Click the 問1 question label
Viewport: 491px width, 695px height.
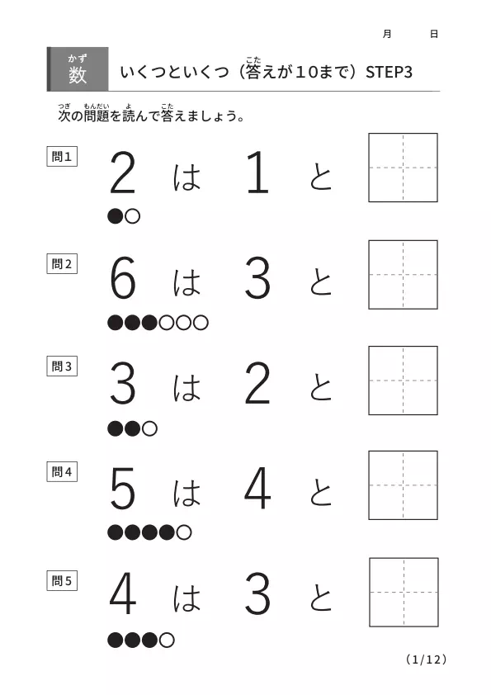tap(62, 157)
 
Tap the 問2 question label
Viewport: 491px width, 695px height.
tap(62, 264)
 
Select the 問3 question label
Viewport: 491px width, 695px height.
tap(62, 366)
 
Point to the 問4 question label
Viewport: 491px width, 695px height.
tap(62, 471)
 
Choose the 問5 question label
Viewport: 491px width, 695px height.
tap(62, 580)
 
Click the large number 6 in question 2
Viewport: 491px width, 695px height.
tap(122, 279)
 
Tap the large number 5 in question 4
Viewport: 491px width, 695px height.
tap(122, 489)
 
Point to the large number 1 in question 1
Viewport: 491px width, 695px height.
tap(258, 172)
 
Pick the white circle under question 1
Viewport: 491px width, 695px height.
tap(133, 216)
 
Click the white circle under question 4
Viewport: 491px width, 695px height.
tap(184, 532)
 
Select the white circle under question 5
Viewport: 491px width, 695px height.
tap(167, 640)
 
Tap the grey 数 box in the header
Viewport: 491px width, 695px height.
tap(78, 69)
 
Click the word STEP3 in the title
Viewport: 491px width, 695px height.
tap(389, 73)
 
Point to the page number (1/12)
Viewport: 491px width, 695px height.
tap(426, 660)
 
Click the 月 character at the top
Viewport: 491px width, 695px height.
tap(387, 34)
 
